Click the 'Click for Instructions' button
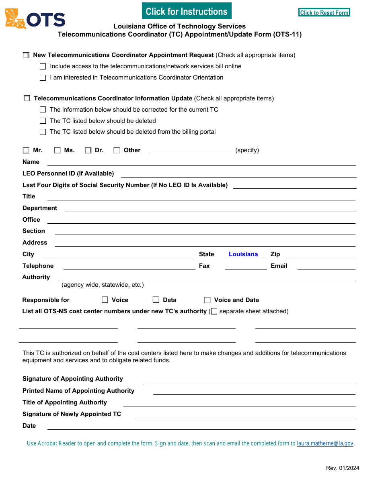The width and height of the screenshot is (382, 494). tap(187, 11)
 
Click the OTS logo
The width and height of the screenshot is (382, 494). tap(35, 19)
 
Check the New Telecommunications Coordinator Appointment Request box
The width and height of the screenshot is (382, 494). tap(26, 55)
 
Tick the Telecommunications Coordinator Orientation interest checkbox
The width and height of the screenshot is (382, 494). tap(43, 78)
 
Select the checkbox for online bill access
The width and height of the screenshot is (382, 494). tap(43, 67)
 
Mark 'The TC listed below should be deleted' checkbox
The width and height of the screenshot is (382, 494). tap(43, 121)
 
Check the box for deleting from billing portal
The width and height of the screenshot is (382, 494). tap(43, 132)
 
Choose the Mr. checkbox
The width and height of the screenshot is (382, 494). tap(26, 150)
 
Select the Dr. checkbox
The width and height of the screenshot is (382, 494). tap(88, 150)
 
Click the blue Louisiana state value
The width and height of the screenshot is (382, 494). tap(243, 254)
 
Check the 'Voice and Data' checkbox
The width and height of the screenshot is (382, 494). tap(207, 300)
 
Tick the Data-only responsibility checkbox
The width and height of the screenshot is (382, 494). tap(156, 300)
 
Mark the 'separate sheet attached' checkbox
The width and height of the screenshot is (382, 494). tap(214, 311)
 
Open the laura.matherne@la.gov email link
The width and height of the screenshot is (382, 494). tap(325, 443)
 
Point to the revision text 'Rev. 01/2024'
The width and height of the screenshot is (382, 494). tap(343, 468)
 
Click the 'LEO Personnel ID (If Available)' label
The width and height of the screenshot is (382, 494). tap(68, 174)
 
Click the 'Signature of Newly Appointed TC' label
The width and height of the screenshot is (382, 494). tap(72, 414)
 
